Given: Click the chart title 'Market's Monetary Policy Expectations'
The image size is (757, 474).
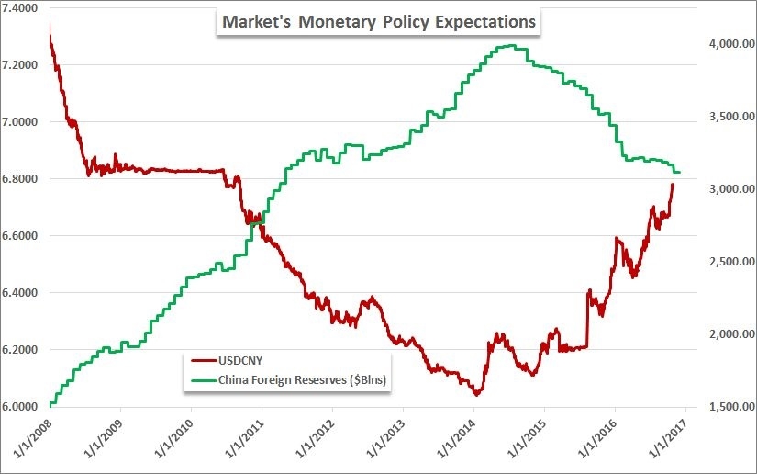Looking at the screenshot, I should click(377, 20).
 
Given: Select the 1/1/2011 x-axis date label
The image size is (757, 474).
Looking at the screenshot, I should click(242, 441).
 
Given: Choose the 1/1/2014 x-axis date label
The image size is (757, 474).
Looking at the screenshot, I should click(454, 441).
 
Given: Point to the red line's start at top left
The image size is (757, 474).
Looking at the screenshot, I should click(50, 25).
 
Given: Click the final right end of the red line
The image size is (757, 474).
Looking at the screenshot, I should click(673, 184).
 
